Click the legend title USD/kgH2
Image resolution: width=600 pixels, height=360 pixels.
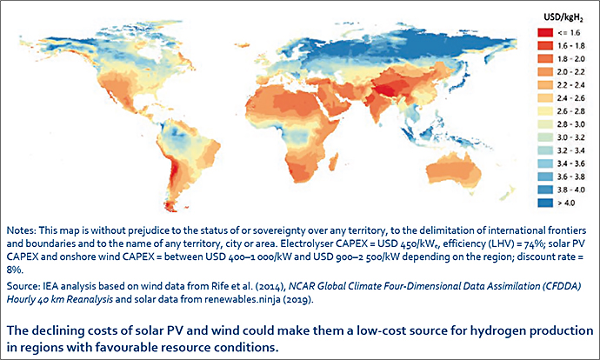(563, 18)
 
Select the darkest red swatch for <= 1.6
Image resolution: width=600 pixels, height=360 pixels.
(545, 33)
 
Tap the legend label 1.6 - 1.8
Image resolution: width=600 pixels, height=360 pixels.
(571, 46)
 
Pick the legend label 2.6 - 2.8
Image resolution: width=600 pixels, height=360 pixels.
(571, 111)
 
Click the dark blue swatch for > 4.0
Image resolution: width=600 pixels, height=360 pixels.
(545, 203)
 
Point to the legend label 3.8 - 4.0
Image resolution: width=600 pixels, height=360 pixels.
(571, 190)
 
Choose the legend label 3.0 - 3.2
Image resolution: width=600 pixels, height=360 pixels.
(571, 137)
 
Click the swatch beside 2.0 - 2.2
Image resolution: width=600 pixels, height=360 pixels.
(545, 72)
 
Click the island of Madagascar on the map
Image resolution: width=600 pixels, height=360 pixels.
(333, 161)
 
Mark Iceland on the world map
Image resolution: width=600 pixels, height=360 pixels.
(241, 45)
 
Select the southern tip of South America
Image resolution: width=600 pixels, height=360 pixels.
(171, 209)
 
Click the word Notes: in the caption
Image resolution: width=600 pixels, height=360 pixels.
(21, 230)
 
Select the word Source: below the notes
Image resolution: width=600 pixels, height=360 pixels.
(23, 286)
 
